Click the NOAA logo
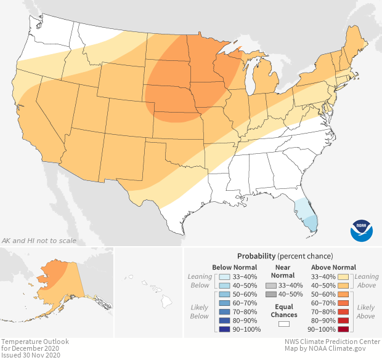[362, 230]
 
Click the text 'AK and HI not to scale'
[38, 240]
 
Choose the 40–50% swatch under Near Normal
[271, 295]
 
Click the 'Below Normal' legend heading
[235, 267]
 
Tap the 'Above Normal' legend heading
[334, 267]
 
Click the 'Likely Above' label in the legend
[365, 311]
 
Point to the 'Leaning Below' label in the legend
[200, 281]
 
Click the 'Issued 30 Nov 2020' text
[31, 355]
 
